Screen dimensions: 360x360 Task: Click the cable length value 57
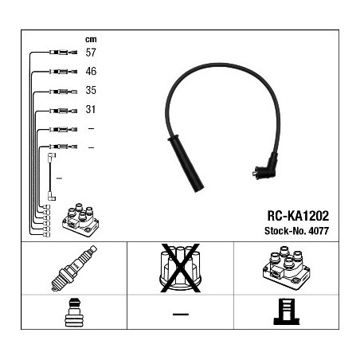[91, 53]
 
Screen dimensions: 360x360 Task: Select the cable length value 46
[91, 71]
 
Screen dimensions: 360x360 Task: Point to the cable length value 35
[91, 90]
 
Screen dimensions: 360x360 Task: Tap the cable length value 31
[90, 109]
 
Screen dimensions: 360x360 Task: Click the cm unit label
[91, 40]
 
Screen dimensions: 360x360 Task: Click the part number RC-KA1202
[298, 216]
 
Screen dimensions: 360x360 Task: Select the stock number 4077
[319, 231]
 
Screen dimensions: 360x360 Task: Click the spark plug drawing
[74, 268]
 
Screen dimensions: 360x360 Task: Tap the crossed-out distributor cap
[180, 268]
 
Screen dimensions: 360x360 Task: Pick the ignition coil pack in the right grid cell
[286, 268]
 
